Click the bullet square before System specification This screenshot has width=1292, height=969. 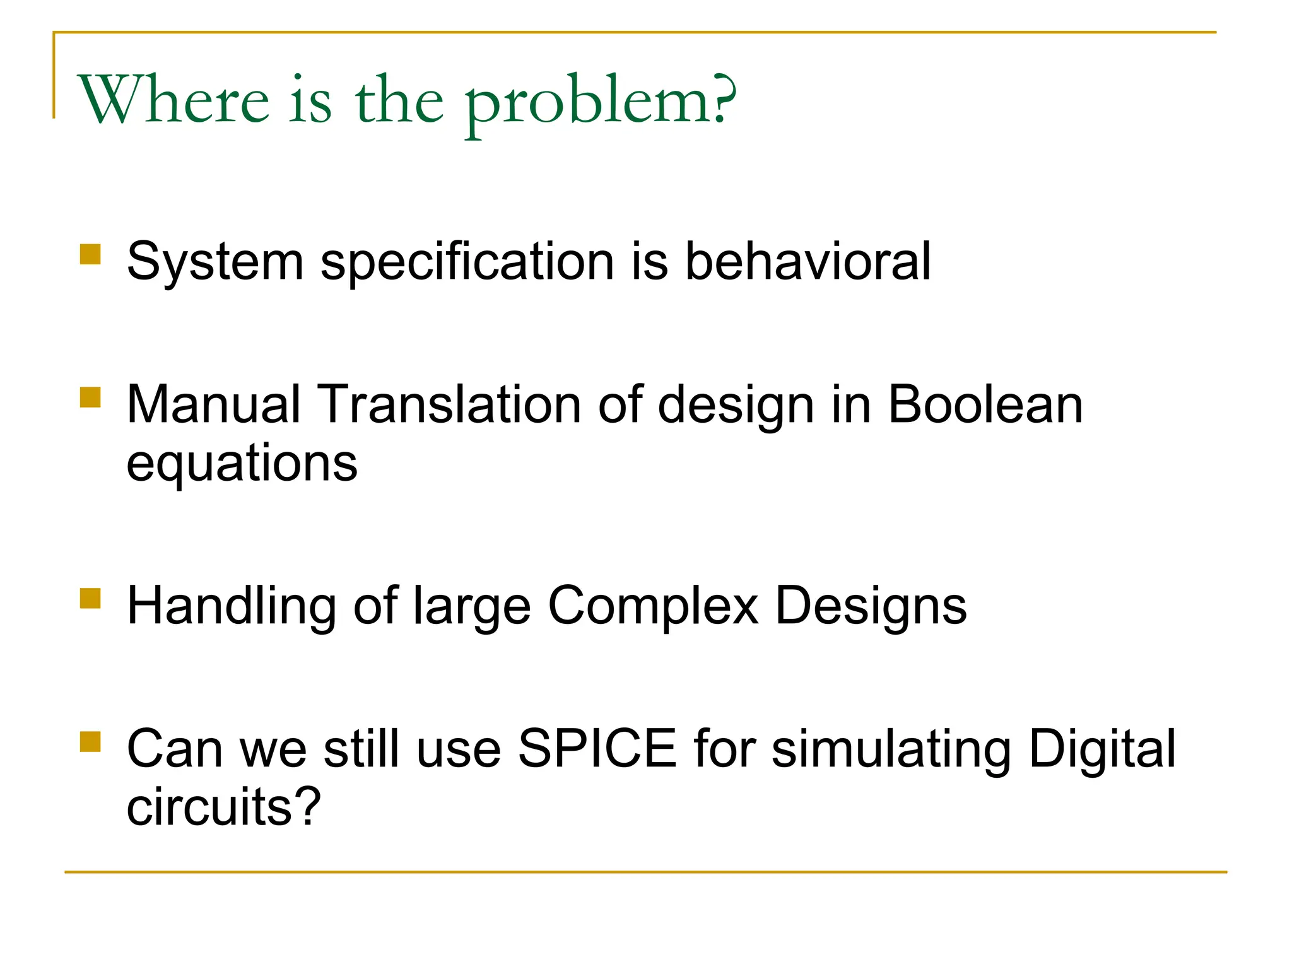tap(91, 255)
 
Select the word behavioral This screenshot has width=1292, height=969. tap(807, 261)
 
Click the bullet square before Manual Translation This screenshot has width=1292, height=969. tap(91, 398)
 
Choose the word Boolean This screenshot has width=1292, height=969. tap(985, 404)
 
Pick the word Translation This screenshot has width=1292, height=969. tap(449, 404)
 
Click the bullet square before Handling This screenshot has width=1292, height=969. tap(91, 599)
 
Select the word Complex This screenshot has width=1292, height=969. tap(653, 606)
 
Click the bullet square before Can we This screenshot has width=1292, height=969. tap(91, 742)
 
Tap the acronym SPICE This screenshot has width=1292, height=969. tap(597, 749)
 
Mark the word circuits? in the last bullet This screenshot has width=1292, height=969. tap(224, 807)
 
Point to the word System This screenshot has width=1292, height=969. tap(215, 262)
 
